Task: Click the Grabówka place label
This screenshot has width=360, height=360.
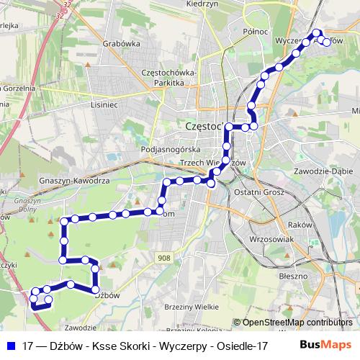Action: pyautogui.click(x=121, y=42)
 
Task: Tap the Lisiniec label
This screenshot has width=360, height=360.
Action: pyautogui.click(x=102, y=103)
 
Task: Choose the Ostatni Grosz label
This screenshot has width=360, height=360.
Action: pyautogui.click(x=262, y=193)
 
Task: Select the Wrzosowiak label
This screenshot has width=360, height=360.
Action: pyautogui.click(x=269, y=238)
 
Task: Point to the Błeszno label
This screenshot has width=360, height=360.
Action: pyautogui.click(x=293, y=276)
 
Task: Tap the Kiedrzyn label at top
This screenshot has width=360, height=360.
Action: pyautogui.click(x=202, y=4)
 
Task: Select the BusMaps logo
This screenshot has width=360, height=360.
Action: pyautogui.click(x=325, y=345)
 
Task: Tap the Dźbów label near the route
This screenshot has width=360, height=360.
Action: pyautogui.click(x=107, y=294)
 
